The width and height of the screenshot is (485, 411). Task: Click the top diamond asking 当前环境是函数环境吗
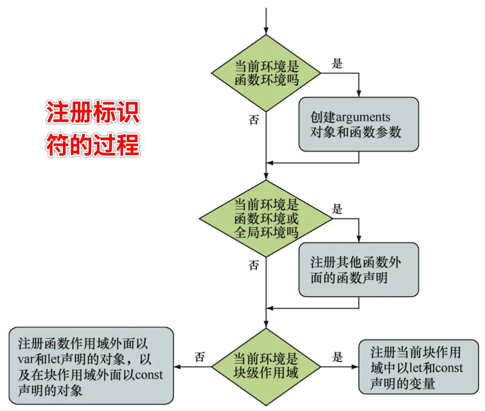tap(266, 73)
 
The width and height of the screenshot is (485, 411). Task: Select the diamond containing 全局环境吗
tap(266, 218)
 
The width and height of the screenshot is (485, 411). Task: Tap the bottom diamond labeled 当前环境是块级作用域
tap(266, 366)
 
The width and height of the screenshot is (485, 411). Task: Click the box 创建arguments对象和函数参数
tap(358, 124)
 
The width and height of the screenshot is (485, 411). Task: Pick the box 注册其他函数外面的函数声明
tap(358, 270)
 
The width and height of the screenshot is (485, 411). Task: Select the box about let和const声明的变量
tap(418, 367)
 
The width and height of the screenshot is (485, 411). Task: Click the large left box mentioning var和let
tap(91, 366)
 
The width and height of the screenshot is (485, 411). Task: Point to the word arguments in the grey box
tap(363, 117)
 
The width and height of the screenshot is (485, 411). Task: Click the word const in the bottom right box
tap(449, 368)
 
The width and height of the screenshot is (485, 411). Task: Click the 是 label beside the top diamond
tap(337, 63)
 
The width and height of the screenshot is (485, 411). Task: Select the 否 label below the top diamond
tap(253, 120)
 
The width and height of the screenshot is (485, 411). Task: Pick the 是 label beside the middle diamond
tap(337, 209)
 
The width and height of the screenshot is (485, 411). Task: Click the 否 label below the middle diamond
tap(253, 265)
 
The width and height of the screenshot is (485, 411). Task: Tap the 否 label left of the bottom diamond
tap(199, 357)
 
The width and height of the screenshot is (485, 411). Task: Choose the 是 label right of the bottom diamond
tap(337, 357)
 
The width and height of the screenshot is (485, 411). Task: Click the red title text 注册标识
tap(93, 112)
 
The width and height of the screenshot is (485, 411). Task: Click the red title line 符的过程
tap(93, 145)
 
